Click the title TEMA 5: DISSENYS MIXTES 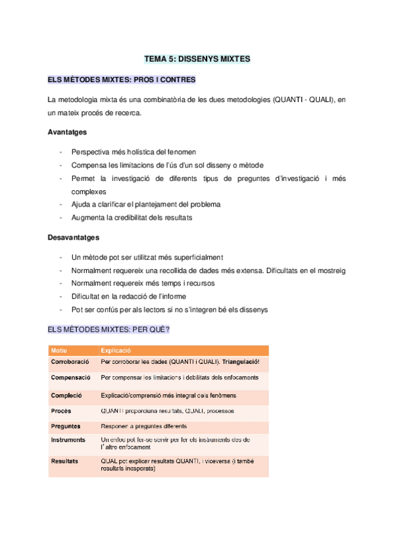coord(197,59)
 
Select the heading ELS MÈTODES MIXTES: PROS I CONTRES coord(122,80)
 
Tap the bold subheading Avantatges coord(67,132)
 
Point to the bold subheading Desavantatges coord(74,237)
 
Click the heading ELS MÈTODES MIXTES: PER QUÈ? coord(109,329)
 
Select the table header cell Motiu coord(60,351)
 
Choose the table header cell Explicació coord(116,351)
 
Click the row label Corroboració coord(70,363)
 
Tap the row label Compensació coord(70,378)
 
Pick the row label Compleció coord(66,395)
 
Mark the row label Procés coord(61,411)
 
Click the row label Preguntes coord(66,426)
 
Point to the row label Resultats coord(65,461)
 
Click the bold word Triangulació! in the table coord(241,363)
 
